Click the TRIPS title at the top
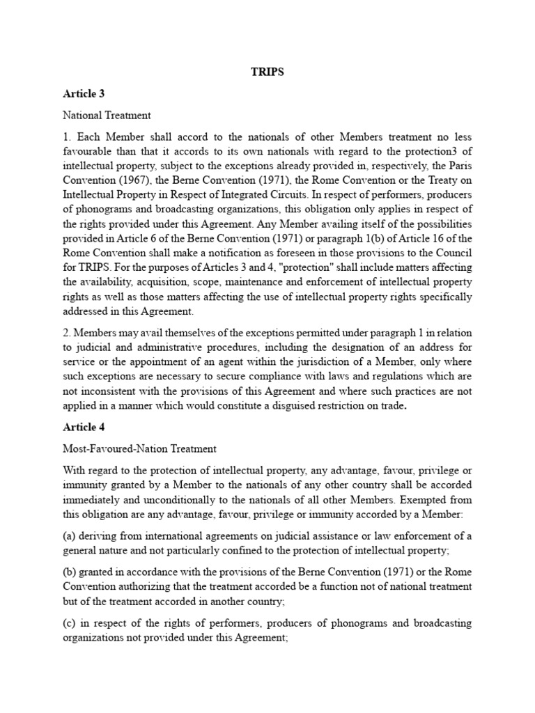(267, 72)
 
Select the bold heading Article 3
(83, 93)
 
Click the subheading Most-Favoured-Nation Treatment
(139, 449)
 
